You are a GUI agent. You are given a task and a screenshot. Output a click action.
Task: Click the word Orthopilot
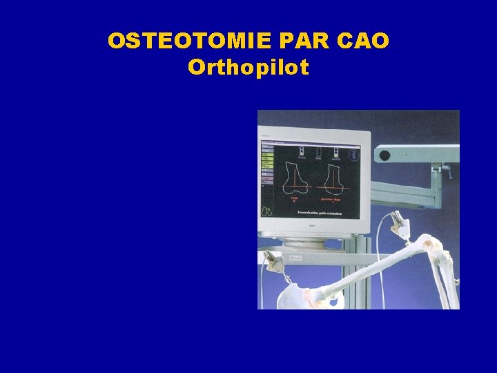click(x=248, y=68)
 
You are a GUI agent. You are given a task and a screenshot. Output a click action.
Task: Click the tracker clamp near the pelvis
click(x=276, y=262)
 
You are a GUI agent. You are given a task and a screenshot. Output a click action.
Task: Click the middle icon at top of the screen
click(x=320, y=152)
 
